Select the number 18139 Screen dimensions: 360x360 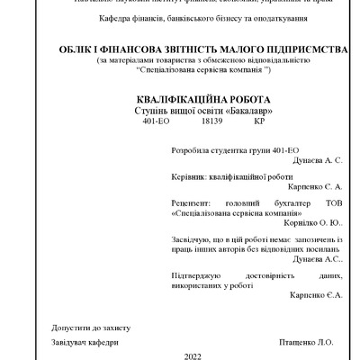coord(187,120)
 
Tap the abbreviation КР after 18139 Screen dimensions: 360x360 coord(234,120)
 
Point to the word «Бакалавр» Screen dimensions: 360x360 coord(223,110)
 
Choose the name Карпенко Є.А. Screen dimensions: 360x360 coord(316,295)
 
